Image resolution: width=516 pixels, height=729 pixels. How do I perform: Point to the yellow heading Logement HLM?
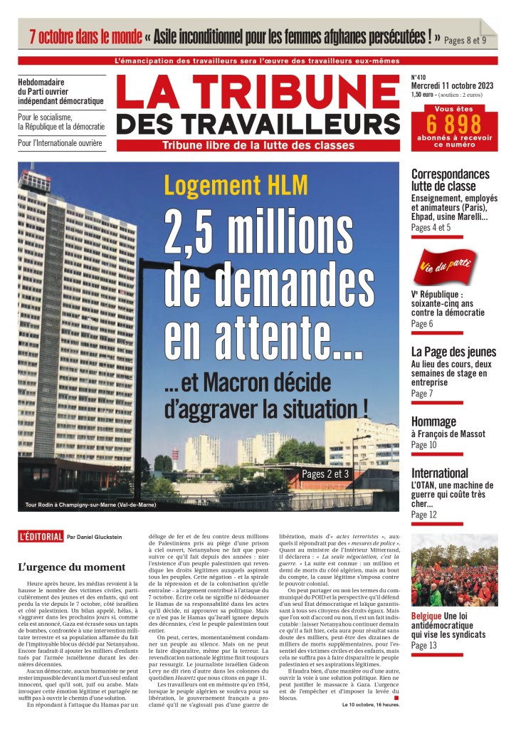[236, 184]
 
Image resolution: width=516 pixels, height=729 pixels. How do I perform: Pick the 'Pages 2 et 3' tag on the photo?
[325, 473]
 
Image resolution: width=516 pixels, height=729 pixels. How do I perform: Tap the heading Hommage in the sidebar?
[433, 421]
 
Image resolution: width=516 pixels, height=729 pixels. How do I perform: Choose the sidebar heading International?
[440, 473]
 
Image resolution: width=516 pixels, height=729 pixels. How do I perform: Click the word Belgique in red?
[427, 615]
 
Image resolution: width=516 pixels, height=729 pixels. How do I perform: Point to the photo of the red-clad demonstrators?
[454, 570]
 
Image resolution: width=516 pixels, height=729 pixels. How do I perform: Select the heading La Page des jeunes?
[453, 352]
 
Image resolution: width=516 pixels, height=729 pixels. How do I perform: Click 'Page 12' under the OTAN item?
[424, 515]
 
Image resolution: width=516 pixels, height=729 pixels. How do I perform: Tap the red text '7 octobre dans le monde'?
[85, 36]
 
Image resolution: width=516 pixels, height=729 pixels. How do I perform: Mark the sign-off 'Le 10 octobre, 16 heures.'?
[371, 705]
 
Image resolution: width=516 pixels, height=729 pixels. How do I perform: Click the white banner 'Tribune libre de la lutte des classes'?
[258, 146]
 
